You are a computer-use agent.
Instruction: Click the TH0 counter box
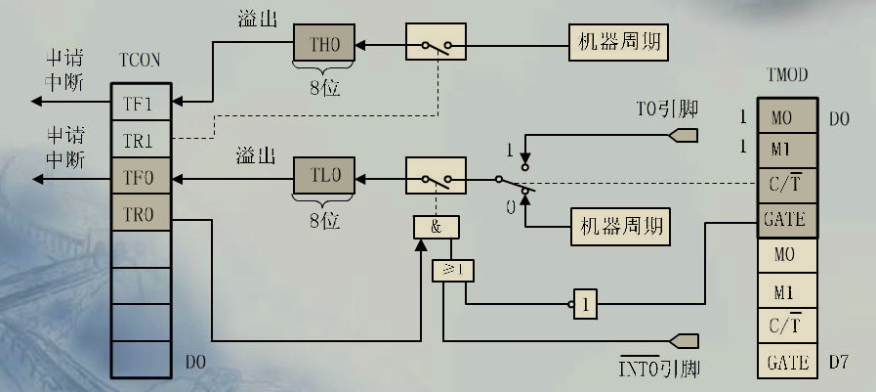click(x=323, y=44)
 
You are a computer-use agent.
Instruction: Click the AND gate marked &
click(x=436, y=227)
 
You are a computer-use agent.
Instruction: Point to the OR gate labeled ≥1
click(x=452, y=269)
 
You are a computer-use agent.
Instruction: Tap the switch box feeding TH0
click(x=437, y=45)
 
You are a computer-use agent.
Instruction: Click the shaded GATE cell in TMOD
click(x=787, y=218)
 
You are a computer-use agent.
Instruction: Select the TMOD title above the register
click(x=787, y=74)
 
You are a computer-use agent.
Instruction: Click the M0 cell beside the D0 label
click(x=787, y=117)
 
